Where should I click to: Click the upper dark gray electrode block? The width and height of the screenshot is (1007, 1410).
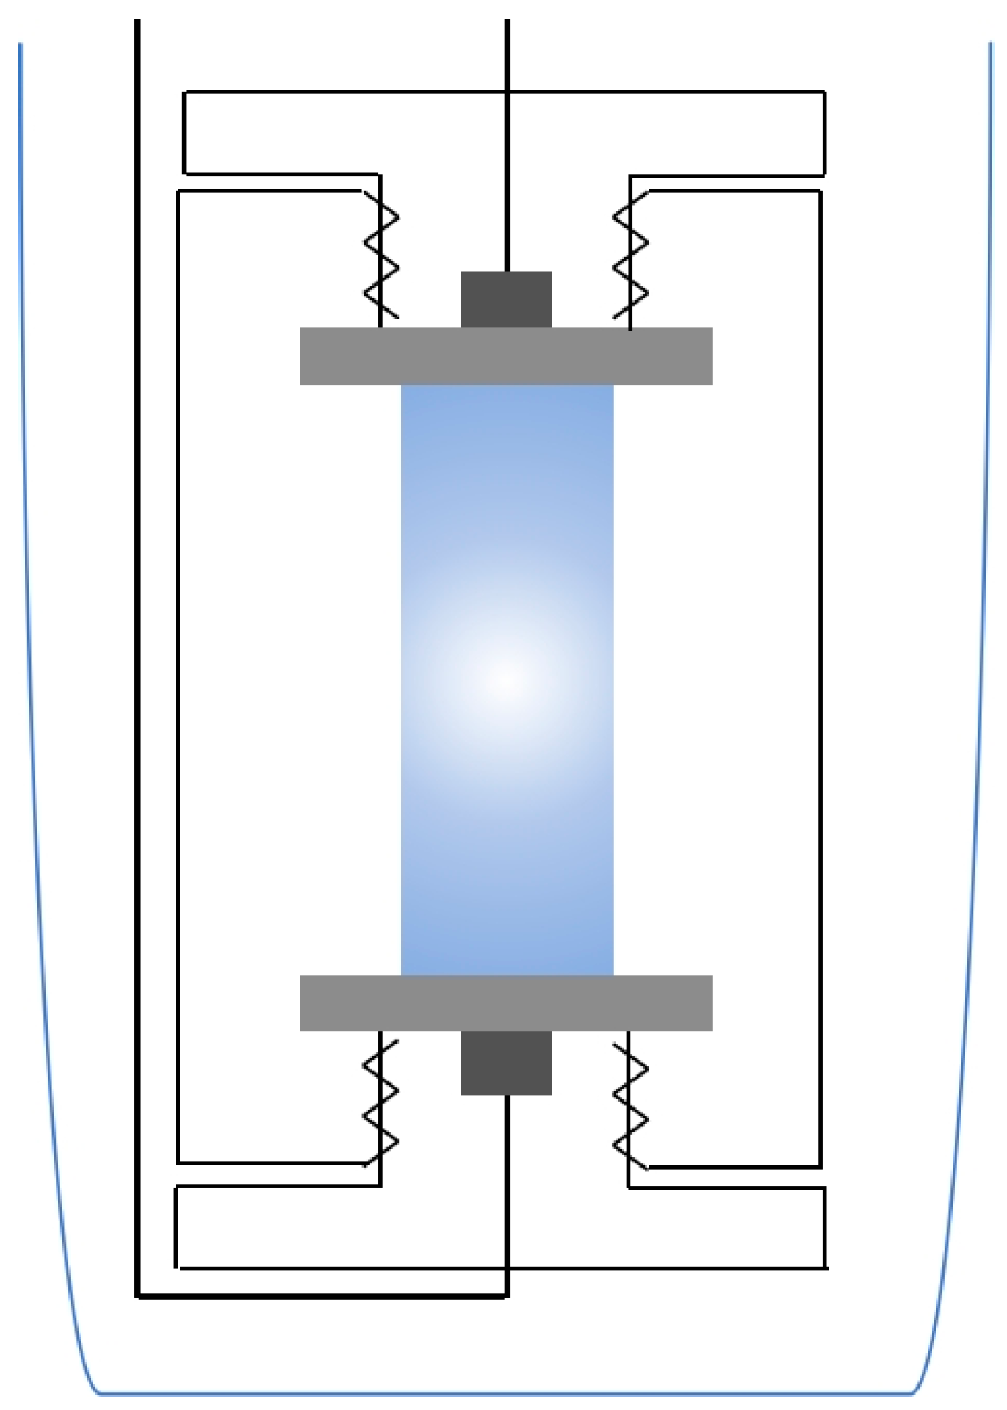point(505,299)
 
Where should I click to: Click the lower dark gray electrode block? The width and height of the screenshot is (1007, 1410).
point(505,1062)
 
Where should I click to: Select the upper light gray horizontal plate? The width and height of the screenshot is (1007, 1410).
point(505,355)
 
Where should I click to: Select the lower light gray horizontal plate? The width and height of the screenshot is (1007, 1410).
point(505,1002)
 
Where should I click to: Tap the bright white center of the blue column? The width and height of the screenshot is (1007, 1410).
point(505,679)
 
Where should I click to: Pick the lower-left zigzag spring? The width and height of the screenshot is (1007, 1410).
point(381,1102)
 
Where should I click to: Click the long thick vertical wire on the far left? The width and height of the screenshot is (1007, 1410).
point(137,661)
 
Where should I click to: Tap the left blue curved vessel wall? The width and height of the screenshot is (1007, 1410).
point(29,661)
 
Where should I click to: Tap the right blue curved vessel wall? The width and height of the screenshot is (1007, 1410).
point(983,661)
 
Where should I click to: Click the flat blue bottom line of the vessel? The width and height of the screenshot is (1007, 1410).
point(505,1392)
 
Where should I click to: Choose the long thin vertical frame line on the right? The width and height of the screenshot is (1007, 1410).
point(820,661)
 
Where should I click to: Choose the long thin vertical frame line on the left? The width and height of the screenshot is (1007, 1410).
point(178,661)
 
